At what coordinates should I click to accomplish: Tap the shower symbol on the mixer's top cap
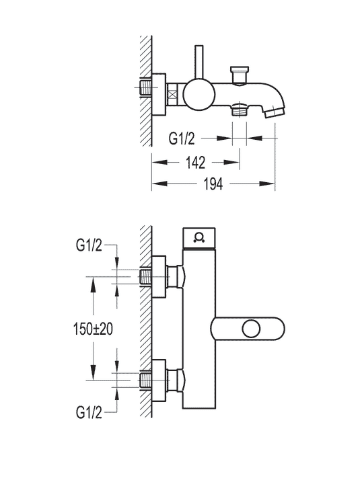199,236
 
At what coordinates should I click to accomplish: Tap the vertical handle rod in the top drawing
199,64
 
